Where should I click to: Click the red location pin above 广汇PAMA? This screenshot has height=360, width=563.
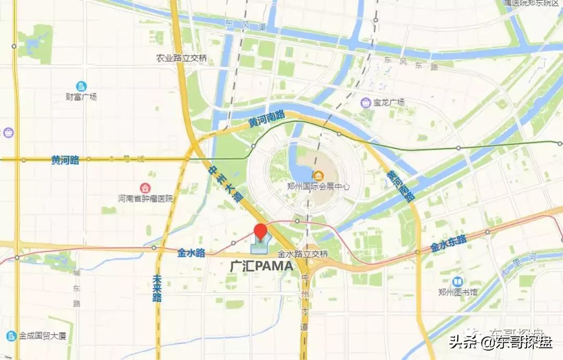[260, 232]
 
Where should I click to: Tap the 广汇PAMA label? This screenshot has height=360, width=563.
[262, 266]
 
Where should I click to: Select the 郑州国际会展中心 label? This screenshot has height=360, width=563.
[318, 186]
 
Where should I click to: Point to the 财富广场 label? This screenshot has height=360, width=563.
[81, 97]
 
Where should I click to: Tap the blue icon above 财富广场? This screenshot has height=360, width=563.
[81, 86]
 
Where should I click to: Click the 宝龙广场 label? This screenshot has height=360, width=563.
[389, 103]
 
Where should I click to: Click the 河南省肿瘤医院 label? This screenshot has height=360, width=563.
[144, 198]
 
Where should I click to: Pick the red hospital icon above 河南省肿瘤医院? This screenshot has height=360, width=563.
[144, 187]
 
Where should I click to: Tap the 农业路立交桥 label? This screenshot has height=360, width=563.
[181, 58]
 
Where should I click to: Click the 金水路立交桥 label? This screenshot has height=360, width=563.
[302, 255]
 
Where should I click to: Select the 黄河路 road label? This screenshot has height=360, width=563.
[66, 160]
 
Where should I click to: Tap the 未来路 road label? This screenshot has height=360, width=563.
[157, 289]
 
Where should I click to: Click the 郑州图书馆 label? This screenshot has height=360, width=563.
[457, 292]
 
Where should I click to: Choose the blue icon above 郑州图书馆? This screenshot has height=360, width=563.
[457, 282]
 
